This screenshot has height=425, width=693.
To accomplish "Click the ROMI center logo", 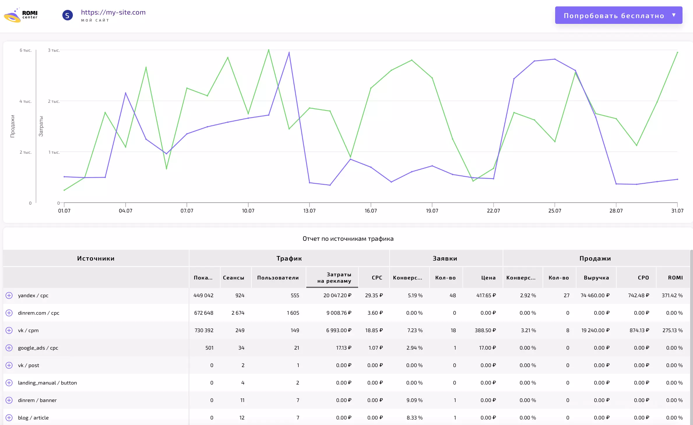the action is coord(21,15).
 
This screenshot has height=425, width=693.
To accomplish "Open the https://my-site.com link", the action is coord(113,12).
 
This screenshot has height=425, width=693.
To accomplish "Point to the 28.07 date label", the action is coord(616,210).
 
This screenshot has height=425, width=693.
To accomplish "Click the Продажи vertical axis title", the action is coord(13,126).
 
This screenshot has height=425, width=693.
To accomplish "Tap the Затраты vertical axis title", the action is coord(41,126).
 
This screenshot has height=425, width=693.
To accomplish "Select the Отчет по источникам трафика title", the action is coord(348,239).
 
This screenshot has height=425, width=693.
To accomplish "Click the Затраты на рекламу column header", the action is coord(334,278).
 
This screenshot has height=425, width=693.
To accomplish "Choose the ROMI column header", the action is coord(676,278).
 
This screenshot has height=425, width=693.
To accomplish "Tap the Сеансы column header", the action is coord(233,278).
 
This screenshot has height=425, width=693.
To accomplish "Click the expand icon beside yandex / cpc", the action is coord(9,295).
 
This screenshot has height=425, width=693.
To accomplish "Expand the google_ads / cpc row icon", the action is coord(9,348).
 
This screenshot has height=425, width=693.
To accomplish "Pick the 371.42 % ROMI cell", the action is coord(672,295).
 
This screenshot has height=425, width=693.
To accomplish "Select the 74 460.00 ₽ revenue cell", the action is coord(595,295).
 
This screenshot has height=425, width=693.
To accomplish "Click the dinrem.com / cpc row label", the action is coord(39,313).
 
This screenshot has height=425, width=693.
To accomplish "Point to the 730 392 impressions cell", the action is coord(204,330).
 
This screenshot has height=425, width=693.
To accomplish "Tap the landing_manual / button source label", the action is coord(48,383).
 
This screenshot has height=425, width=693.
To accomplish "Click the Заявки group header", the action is coord(445,258).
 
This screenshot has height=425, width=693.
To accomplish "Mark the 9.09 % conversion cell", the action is coord(414,400).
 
